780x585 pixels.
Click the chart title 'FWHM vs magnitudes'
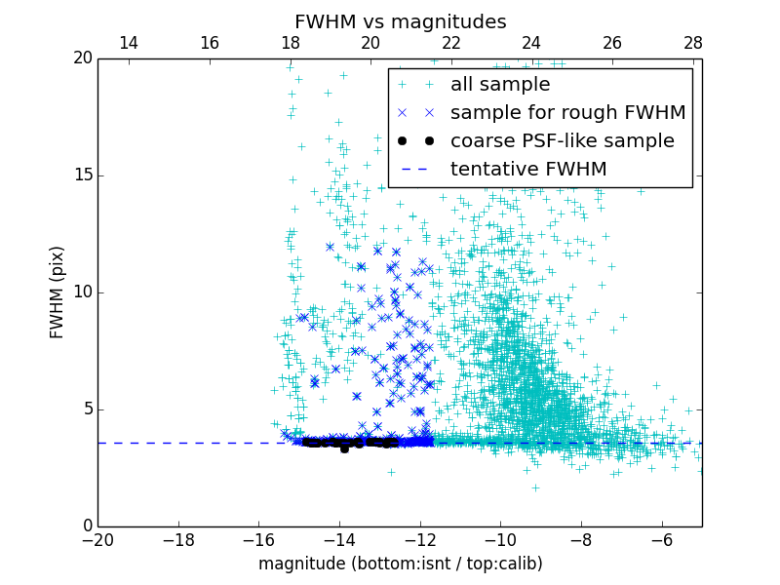[x=400, y=21]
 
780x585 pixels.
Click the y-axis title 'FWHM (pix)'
[x=58, y=292]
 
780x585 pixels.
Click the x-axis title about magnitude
[x=400, y=564]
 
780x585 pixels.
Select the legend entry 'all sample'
[x=499, y=85]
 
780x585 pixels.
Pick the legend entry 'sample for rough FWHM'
[x=567, y=113]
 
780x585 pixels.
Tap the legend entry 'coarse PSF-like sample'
[x=562, y=141]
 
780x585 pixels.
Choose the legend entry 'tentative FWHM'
[x=527, y=170]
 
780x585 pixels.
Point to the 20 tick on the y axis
[x=81, y=58]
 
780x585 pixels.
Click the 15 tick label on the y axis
[x=81, y=175]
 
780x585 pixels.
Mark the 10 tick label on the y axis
[x=81, y=292]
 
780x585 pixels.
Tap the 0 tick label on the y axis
[x=86, y=526]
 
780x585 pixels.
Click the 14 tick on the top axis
[x=128, y=44]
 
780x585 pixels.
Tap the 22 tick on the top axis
[x=450, y=44]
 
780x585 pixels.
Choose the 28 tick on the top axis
[x=692, y=44]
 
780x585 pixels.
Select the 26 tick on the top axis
[x=611, y=44]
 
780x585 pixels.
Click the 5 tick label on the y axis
[x=86, y=409]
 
